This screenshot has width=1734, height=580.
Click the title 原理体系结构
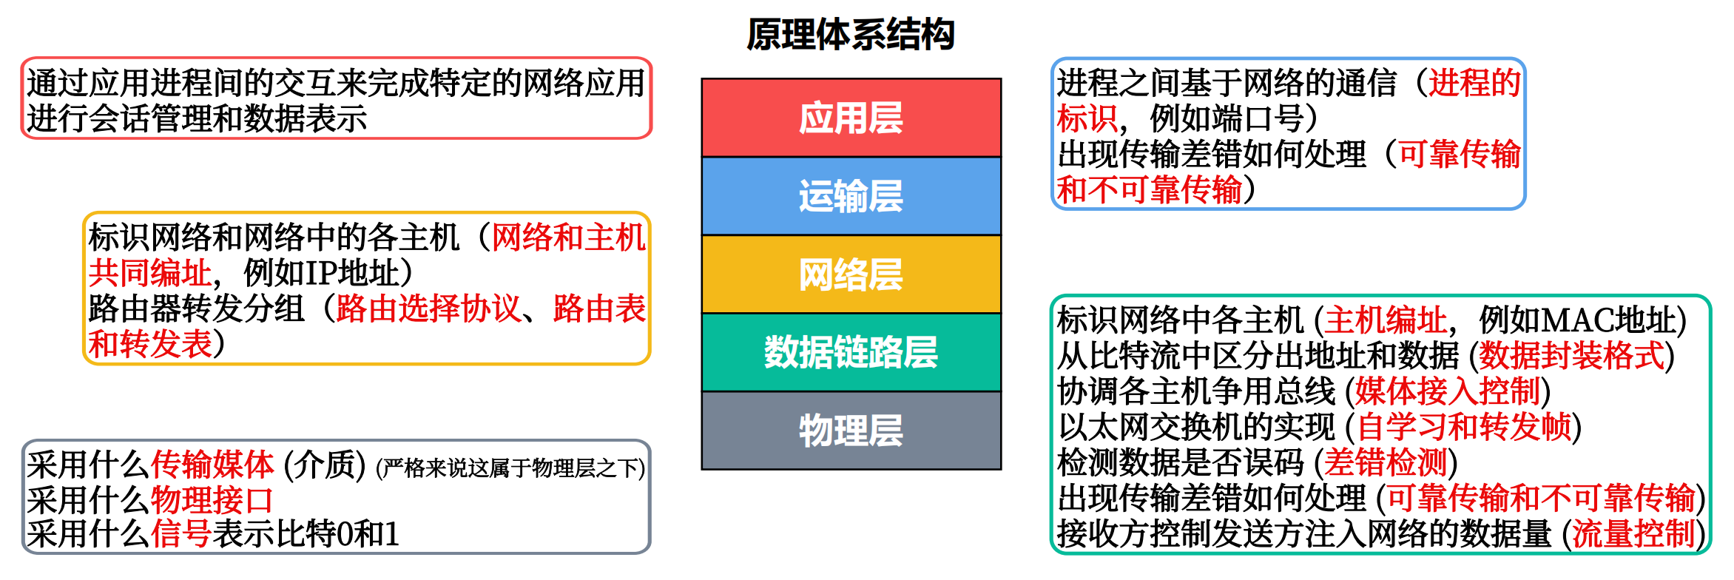[x=851, y=35]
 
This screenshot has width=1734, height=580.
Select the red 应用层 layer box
[x=851, y=118]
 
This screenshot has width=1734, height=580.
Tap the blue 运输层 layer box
[x=851, y=196]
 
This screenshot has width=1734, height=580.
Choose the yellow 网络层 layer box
[x=851, y=274]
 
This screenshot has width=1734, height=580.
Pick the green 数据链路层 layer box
[x=851, y=352]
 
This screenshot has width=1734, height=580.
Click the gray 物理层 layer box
[x=851, y=431]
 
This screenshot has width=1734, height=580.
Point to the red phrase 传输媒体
[x=212, y=465]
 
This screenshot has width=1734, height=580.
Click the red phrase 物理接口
[x=212, y=500]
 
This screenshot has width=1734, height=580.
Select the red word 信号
[x=181, y=533]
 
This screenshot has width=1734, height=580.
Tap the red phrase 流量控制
[x=1633, y=533]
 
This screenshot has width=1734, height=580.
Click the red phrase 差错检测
[x=1386, y=463]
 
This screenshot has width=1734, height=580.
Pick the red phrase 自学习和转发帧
[x=1464, y=427]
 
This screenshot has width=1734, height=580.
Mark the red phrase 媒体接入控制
[x=1448, y=391]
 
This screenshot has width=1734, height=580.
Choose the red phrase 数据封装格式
[x=1571, y=356]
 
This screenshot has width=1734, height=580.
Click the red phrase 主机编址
[x=1386, y=320]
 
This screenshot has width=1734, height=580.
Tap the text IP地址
[x=348, y=273]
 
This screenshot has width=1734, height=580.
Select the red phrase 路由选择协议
[x=428, y=308]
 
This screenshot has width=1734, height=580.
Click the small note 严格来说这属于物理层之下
[x=510, y=468]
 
